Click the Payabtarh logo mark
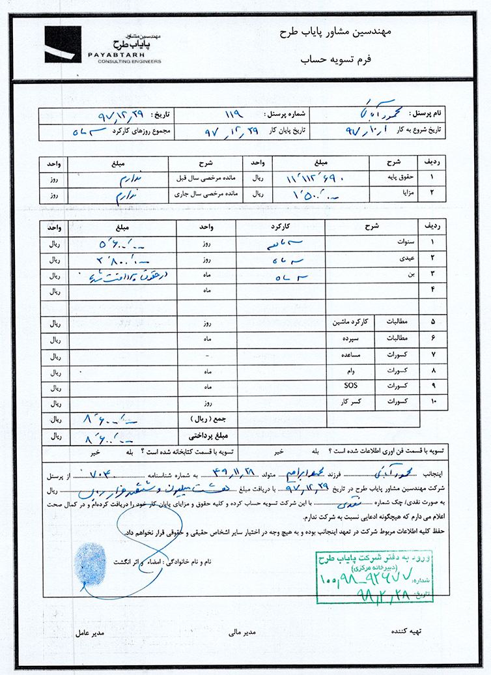[63, 44]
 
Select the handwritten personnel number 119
[232, 114]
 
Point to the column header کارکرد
[279, 225]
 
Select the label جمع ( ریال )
[206, 418]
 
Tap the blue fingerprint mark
[90, 559]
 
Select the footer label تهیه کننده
[406, 631]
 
